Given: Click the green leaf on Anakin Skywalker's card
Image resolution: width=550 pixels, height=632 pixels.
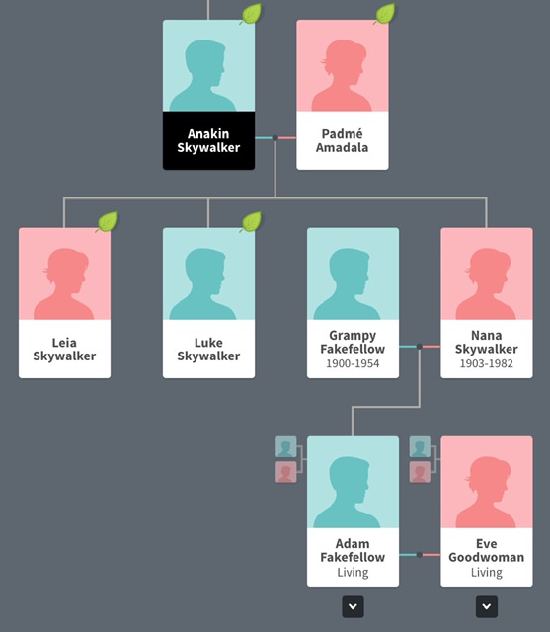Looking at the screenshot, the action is (252, 14).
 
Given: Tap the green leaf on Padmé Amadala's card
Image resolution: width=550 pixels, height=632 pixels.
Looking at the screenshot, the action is (385, 14).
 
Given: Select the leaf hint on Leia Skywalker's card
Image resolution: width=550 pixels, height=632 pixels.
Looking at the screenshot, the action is (108, 221).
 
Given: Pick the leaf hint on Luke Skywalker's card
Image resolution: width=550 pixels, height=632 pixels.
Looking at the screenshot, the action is (252, 221).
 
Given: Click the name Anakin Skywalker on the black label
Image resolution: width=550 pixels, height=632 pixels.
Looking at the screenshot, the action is (208, 140).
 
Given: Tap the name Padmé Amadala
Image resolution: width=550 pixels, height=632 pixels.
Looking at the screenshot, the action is (342, 140).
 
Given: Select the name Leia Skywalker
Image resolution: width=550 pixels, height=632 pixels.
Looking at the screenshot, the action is (64, 349).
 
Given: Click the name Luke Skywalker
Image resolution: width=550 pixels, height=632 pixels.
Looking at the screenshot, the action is (208, 349).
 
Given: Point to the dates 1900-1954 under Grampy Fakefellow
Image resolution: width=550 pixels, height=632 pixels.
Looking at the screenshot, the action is (353, 363).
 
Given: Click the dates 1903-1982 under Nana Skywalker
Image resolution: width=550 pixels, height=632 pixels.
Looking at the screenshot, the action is (487, 363).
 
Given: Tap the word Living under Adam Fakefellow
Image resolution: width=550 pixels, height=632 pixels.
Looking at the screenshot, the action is (353, 573).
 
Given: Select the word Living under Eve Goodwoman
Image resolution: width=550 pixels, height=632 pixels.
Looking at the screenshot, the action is (487, 573).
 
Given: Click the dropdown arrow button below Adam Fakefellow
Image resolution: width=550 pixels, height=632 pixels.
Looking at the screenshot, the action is (353, 606).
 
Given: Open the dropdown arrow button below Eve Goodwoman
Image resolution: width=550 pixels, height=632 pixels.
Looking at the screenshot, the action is (487, 606).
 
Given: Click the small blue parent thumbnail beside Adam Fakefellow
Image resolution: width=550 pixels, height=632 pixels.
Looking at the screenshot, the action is (286, 447).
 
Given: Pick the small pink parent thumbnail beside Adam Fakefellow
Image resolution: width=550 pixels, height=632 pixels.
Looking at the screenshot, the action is (286, 472).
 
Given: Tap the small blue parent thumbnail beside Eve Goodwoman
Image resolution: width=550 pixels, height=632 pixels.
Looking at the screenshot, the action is (420, 447).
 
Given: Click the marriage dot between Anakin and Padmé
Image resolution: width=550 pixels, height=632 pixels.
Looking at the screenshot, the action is (275, 138).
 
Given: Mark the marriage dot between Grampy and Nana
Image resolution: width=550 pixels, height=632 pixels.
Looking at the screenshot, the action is (420, 347).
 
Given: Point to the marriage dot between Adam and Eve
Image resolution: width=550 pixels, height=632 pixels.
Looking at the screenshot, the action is (420, 555).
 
